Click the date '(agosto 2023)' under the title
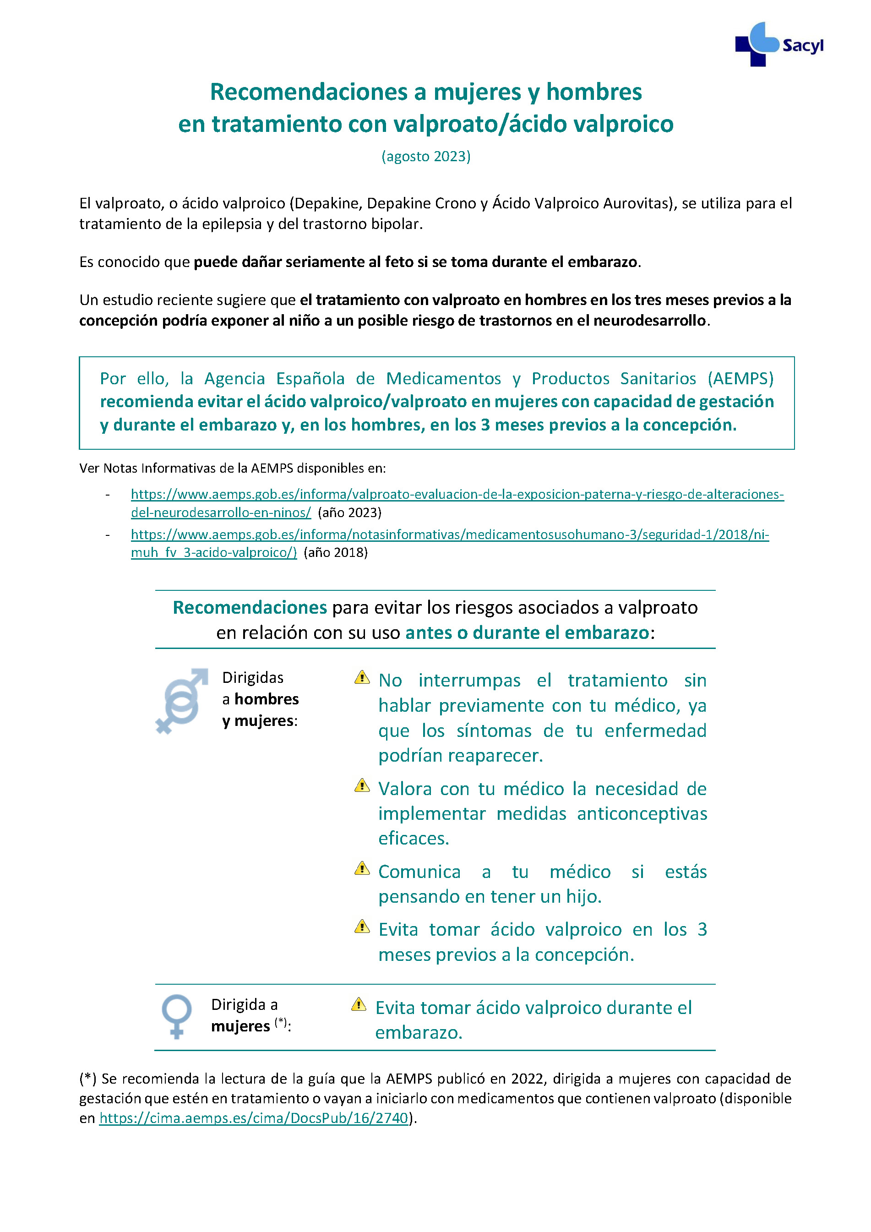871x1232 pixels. click(x=425, y=156)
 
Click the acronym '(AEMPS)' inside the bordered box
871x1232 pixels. click(x=740, y=378)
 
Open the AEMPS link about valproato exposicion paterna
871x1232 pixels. click(x=457, y=494)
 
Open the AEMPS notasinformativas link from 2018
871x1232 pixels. click(x=450, y=534)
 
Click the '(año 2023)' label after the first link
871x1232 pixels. click(x=349, y=512)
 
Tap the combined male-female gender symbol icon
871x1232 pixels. click(x=181, y=700)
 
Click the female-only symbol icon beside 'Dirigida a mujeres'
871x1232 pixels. click(x=177, y=1016)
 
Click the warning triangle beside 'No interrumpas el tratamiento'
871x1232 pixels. click(x=362, y=677)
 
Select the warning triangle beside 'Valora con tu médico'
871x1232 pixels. click(x=362, y=785)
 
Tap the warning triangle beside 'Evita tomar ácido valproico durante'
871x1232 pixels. click(x=359, y=1004)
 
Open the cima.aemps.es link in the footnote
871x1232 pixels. click(x=254, y=1118)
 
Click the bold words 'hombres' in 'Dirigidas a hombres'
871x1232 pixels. click(x=267, y=699)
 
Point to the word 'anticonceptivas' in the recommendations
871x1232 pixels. click(x=642, y=813)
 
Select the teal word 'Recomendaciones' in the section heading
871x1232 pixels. click(x=250, y=607)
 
